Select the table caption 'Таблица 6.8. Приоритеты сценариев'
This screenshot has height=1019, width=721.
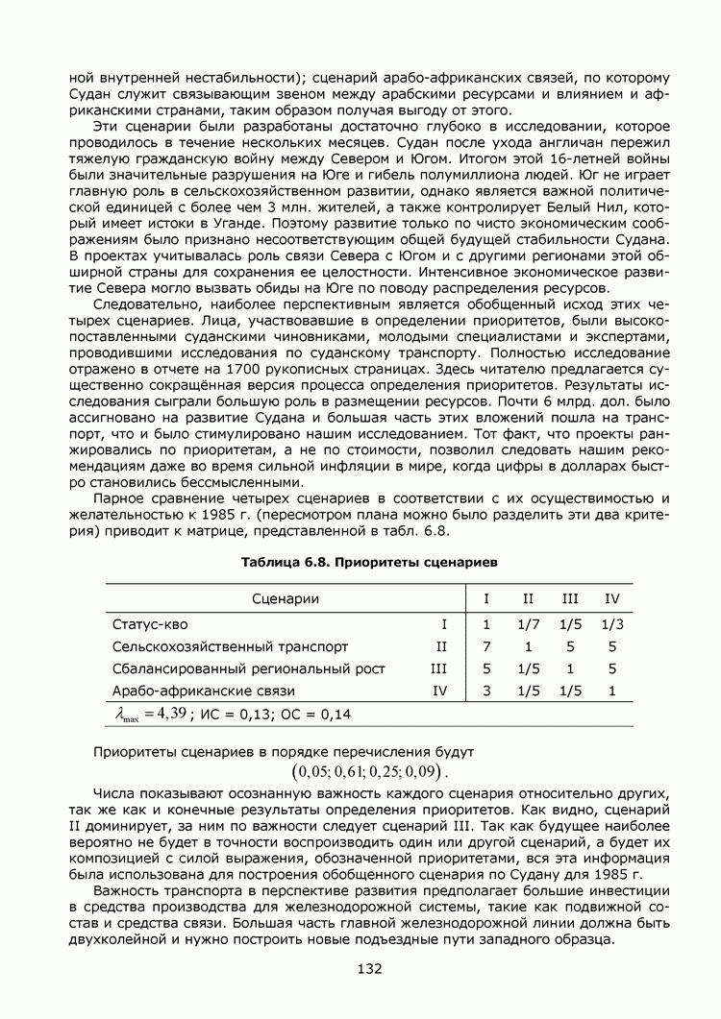(x=369, y=558)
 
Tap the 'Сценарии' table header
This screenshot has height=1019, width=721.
(x=286, y=599)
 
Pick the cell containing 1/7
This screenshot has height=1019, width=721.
(x=529, y=624)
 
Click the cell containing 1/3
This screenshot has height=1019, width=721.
(x=612, y=624)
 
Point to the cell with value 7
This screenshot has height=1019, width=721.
(x=486, y=646)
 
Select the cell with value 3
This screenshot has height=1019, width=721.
(x=486, y=691)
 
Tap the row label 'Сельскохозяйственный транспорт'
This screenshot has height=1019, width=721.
(x=230, y=646)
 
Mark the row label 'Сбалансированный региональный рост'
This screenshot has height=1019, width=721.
(x=248, y=668)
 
